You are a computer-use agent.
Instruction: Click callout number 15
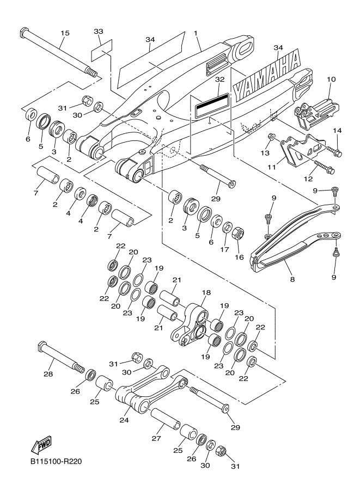tap(65, 33)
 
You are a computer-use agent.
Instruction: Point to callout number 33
tap(99, 32)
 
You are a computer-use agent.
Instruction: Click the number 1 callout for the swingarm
tap(196, 33)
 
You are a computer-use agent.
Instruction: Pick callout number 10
tap(331, 79)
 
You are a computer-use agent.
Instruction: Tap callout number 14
tap(337, 131)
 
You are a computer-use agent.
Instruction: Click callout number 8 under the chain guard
tap(292, 279)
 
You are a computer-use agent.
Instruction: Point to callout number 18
tap(205, 293)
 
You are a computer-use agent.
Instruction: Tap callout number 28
tap(48, 374)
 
